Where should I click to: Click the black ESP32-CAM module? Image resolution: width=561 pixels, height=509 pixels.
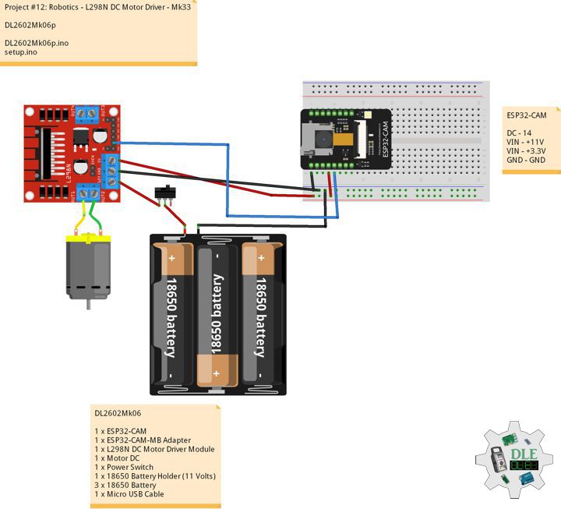pyautogui.click(x=348, y=140)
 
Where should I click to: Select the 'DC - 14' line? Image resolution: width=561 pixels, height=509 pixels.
pyautogui.click(x=520, y=133)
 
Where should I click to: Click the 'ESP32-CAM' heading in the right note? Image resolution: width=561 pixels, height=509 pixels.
pyautogui.click(x=527, y=115)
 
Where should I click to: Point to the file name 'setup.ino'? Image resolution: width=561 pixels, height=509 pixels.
pyautogui.click(x=20, y=52)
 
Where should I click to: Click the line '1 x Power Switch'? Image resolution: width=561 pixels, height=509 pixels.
pyautogui.click(x=129, y=467)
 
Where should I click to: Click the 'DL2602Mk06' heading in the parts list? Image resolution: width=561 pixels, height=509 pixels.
pyautogui.click(x=118, y=413)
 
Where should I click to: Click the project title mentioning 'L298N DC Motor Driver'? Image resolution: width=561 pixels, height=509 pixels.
pyautogui.click(x=97, y=7)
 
